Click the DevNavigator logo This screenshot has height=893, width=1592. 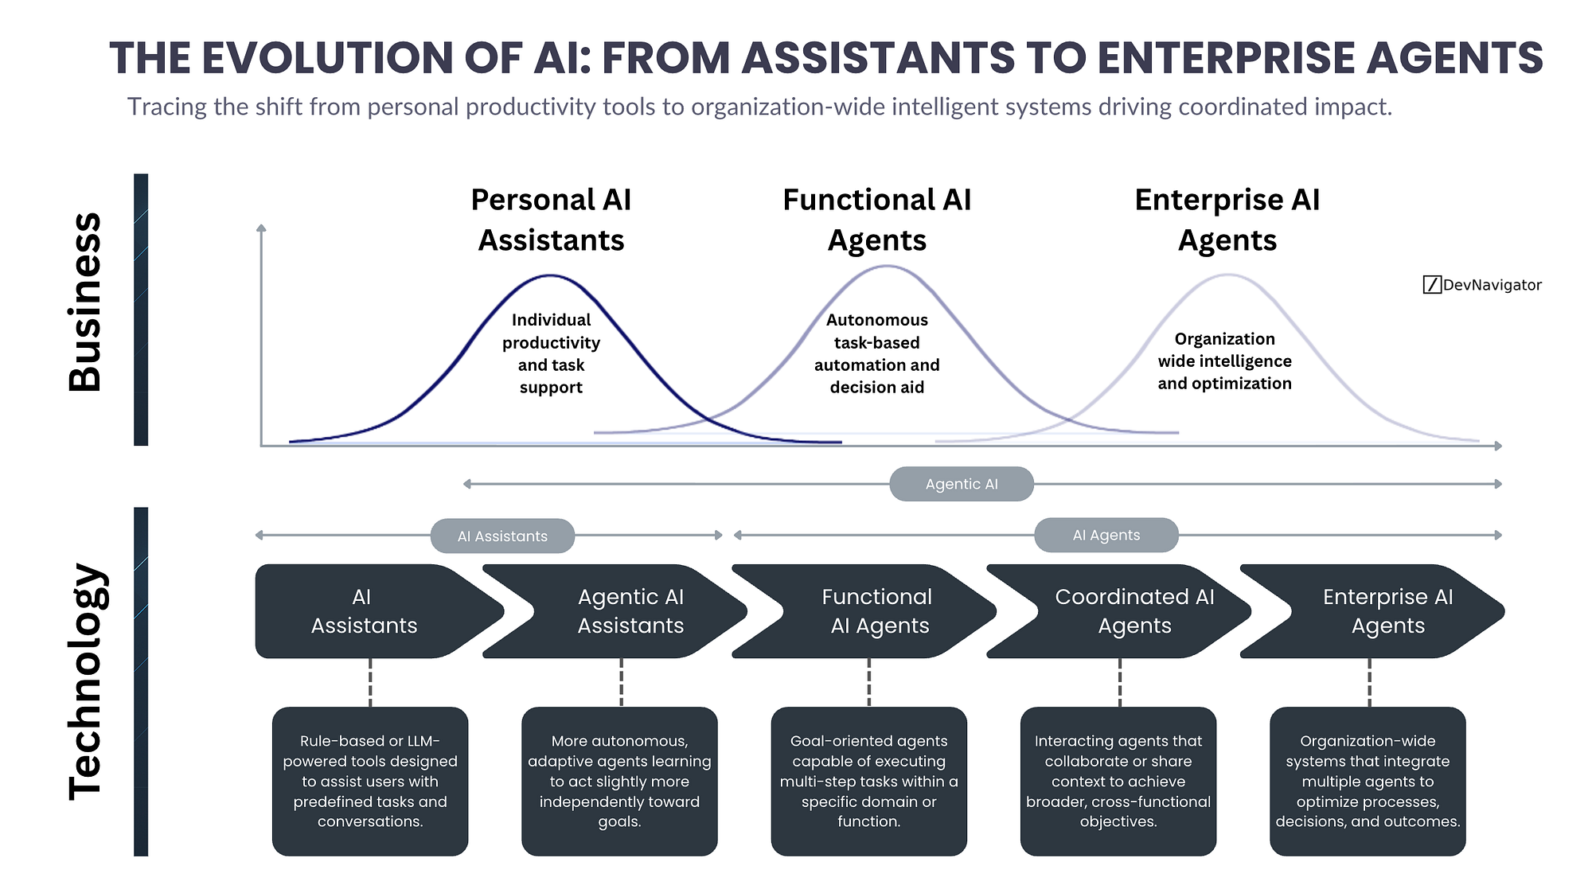1481,285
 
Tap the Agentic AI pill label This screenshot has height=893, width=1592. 961,484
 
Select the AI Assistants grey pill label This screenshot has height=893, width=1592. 502,536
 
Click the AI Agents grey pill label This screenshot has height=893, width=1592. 1106,536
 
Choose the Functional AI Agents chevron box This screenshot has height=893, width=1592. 872,611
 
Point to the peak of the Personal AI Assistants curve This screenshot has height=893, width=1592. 550,276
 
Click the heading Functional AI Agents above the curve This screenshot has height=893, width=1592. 876,220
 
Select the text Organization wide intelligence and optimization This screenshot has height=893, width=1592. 1224,361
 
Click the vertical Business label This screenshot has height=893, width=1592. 85,302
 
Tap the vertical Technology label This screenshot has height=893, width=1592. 85,681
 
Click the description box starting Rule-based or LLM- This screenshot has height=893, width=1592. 370,781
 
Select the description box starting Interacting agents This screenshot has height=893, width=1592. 1118,781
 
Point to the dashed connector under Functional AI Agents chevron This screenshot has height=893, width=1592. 868,683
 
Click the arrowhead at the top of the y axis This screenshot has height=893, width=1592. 261,229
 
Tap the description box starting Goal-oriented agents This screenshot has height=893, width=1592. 868,781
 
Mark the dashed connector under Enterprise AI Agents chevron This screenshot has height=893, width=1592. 1369,683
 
